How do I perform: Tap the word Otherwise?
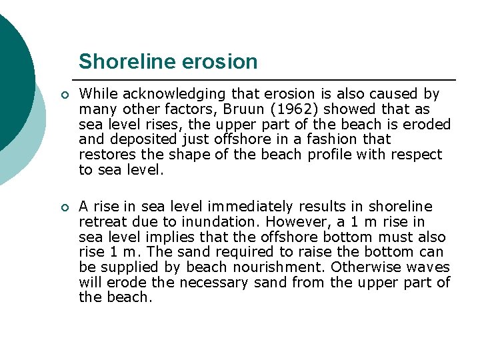pyautogui.click(x=367, y=267)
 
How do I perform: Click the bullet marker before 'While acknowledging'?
pyautogui.click(x=63, y=95)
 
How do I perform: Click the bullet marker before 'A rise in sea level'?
pyautogui.click(x=63, y=207)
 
